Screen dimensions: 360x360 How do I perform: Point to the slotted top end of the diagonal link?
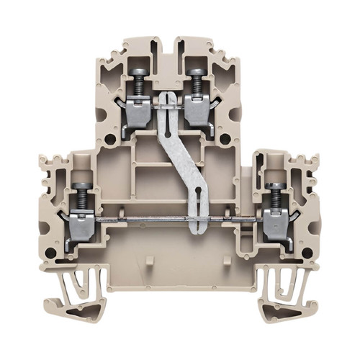coord(167,101)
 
